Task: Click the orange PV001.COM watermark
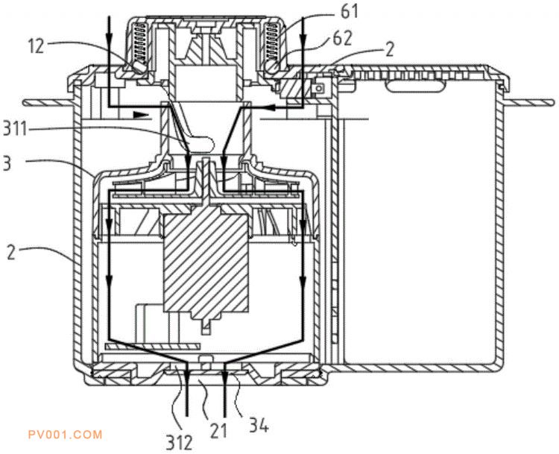63,434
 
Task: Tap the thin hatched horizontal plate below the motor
152,347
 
